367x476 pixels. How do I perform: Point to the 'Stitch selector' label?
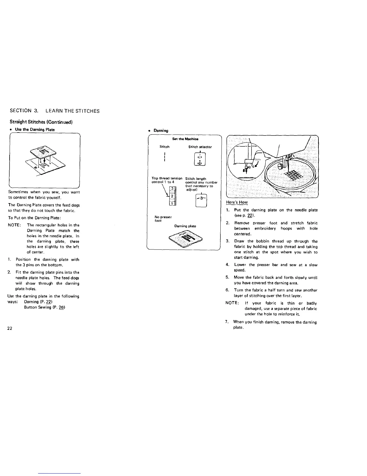(200, 147)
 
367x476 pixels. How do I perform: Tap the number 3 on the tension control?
(172, 189)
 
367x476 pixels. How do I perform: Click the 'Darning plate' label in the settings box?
(185, 226)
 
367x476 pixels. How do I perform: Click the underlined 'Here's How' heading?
(237, 202)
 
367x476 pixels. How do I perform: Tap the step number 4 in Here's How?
(227, 265)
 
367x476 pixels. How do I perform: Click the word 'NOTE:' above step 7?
(232, 303)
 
